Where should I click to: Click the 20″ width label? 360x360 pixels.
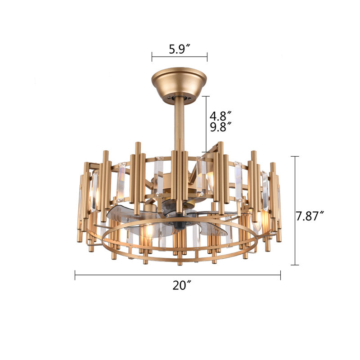(179, 285)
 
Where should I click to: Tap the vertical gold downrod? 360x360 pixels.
(179, 121)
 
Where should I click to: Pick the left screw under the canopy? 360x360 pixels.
(170, 96)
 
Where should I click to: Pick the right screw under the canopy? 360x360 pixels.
(189, 96)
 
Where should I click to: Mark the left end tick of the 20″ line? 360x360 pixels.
(75, 274)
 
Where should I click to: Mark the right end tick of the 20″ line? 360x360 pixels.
(280, 274)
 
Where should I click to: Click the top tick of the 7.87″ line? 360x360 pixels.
(295, 156)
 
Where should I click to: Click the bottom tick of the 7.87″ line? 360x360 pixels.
(295, 265)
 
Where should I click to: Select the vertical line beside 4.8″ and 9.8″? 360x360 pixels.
(206, 124)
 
